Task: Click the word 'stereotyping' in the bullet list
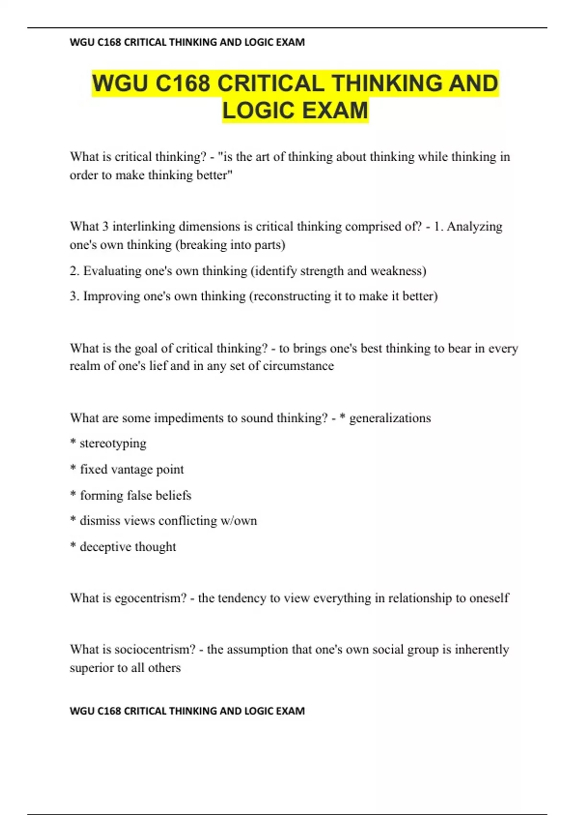click(x=113, y=443)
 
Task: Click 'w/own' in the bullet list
click(x=239, y=521)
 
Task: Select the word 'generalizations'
click(x=390, y=418)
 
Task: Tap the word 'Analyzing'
click(x=474, y=226)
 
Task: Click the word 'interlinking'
click(x=144, y=226)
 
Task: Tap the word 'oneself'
click(x=489, y=598)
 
